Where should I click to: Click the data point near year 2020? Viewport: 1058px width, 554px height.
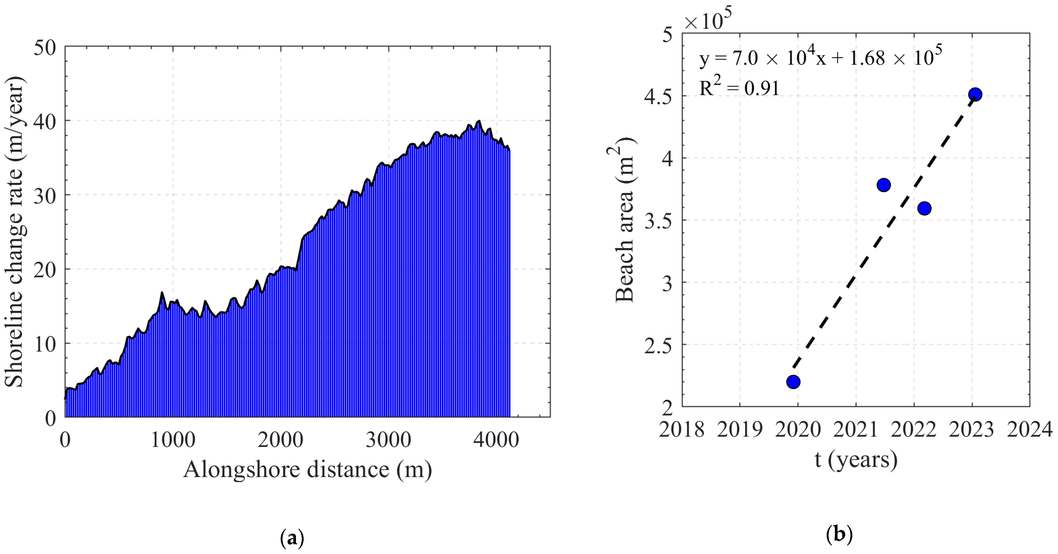(x=793, y=382)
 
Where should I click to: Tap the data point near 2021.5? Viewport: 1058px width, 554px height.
(x=883, y=185)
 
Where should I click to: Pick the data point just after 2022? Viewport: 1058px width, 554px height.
(x=924, y=208)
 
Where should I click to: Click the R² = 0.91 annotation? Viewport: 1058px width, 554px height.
(x=739, y=87)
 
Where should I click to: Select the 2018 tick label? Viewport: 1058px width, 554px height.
(x=682, y=430)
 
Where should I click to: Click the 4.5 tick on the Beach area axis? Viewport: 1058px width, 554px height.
(x=658, y=97)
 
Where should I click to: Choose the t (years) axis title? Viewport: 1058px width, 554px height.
(x=856, y=459)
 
